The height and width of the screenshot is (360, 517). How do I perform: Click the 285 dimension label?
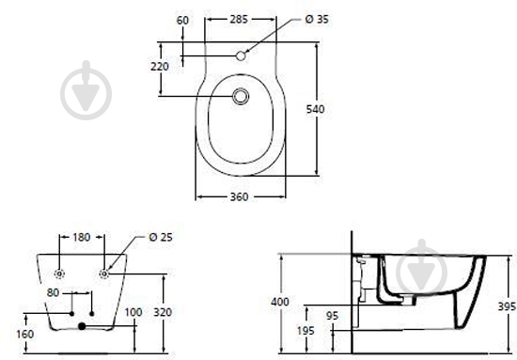click(239, 20)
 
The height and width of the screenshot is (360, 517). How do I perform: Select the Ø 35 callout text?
click(317, 20)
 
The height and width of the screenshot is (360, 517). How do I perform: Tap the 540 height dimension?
click(315, 109)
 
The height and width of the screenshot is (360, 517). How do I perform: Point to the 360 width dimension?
click(239, 196)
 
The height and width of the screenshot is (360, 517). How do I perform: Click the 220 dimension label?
click(160, 67)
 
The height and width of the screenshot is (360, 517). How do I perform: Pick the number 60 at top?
click(182, 21)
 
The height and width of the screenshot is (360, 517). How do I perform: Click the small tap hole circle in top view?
click(241, 56)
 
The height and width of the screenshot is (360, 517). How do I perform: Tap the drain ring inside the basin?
click(241, 97)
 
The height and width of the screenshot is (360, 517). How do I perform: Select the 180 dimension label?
click(81, 238)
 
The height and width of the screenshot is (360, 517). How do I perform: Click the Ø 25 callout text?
click(161, 238)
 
